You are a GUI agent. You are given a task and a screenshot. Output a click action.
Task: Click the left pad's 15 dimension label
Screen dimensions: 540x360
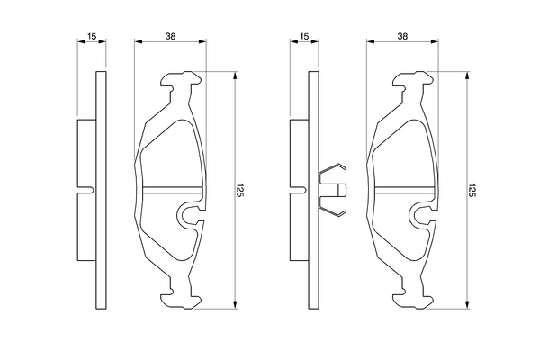(92, 36)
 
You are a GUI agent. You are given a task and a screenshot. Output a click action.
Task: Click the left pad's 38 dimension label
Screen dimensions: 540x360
(170, 36)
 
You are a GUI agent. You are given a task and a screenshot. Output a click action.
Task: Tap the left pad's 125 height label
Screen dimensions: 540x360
(240, 190)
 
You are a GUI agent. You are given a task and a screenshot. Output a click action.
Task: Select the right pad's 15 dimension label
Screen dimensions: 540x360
(304, 36)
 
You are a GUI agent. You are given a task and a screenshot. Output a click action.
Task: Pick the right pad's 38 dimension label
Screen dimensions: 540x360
(402, 36)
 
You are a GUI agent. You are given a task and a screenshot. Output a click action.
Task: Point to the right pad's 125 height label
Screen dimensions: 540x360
(472, 190)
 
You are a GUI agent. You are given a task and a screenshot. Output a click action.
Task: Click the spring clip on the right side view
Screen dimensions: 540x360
(333, 190)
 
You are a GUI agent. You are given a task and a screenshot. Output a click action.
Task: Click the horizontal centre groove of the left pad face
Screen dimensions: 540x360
(172, 190)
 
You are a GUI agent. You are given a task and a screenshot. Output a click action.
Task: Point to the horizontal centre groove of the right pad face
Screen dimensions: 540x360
(404, 190)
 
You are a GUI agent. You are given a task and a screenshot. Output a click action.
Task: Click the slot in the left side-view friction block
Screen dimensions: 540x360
(85, 190)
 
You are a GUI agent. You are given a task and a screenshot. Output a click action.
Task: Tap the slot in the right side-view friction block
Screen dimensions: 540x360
(298, 190)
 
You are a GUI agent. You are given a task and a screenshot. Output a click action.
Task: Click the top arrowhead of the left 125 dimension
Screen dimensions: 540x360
(235, 76)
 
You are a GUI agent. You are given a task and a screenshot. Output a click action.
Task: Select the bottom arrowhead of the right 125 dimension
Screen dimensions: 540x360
(467, 304)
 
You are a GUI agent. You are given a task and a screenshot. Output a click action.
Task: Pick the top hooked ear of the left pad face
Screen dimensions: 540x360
(181, 80)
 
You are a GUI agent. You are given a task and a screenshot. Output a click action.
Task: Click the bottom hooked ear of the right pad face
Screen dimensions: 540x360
(412, 300)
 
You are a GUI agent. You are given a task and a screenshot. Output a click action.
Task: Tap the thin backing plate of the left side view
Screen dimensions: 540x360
(101, 190)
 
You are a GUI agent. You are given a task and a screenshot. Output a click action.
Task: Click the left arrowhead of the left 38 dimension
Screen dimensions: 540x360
(139, 41)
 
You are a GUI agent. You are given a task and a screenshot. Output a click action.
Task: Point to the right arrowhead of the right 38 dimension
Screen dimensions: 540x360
(435, 41)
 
